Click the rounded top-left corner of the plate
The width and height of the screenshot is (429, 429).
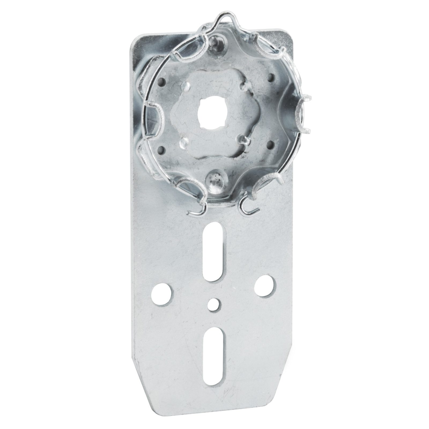pos(135,40)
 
